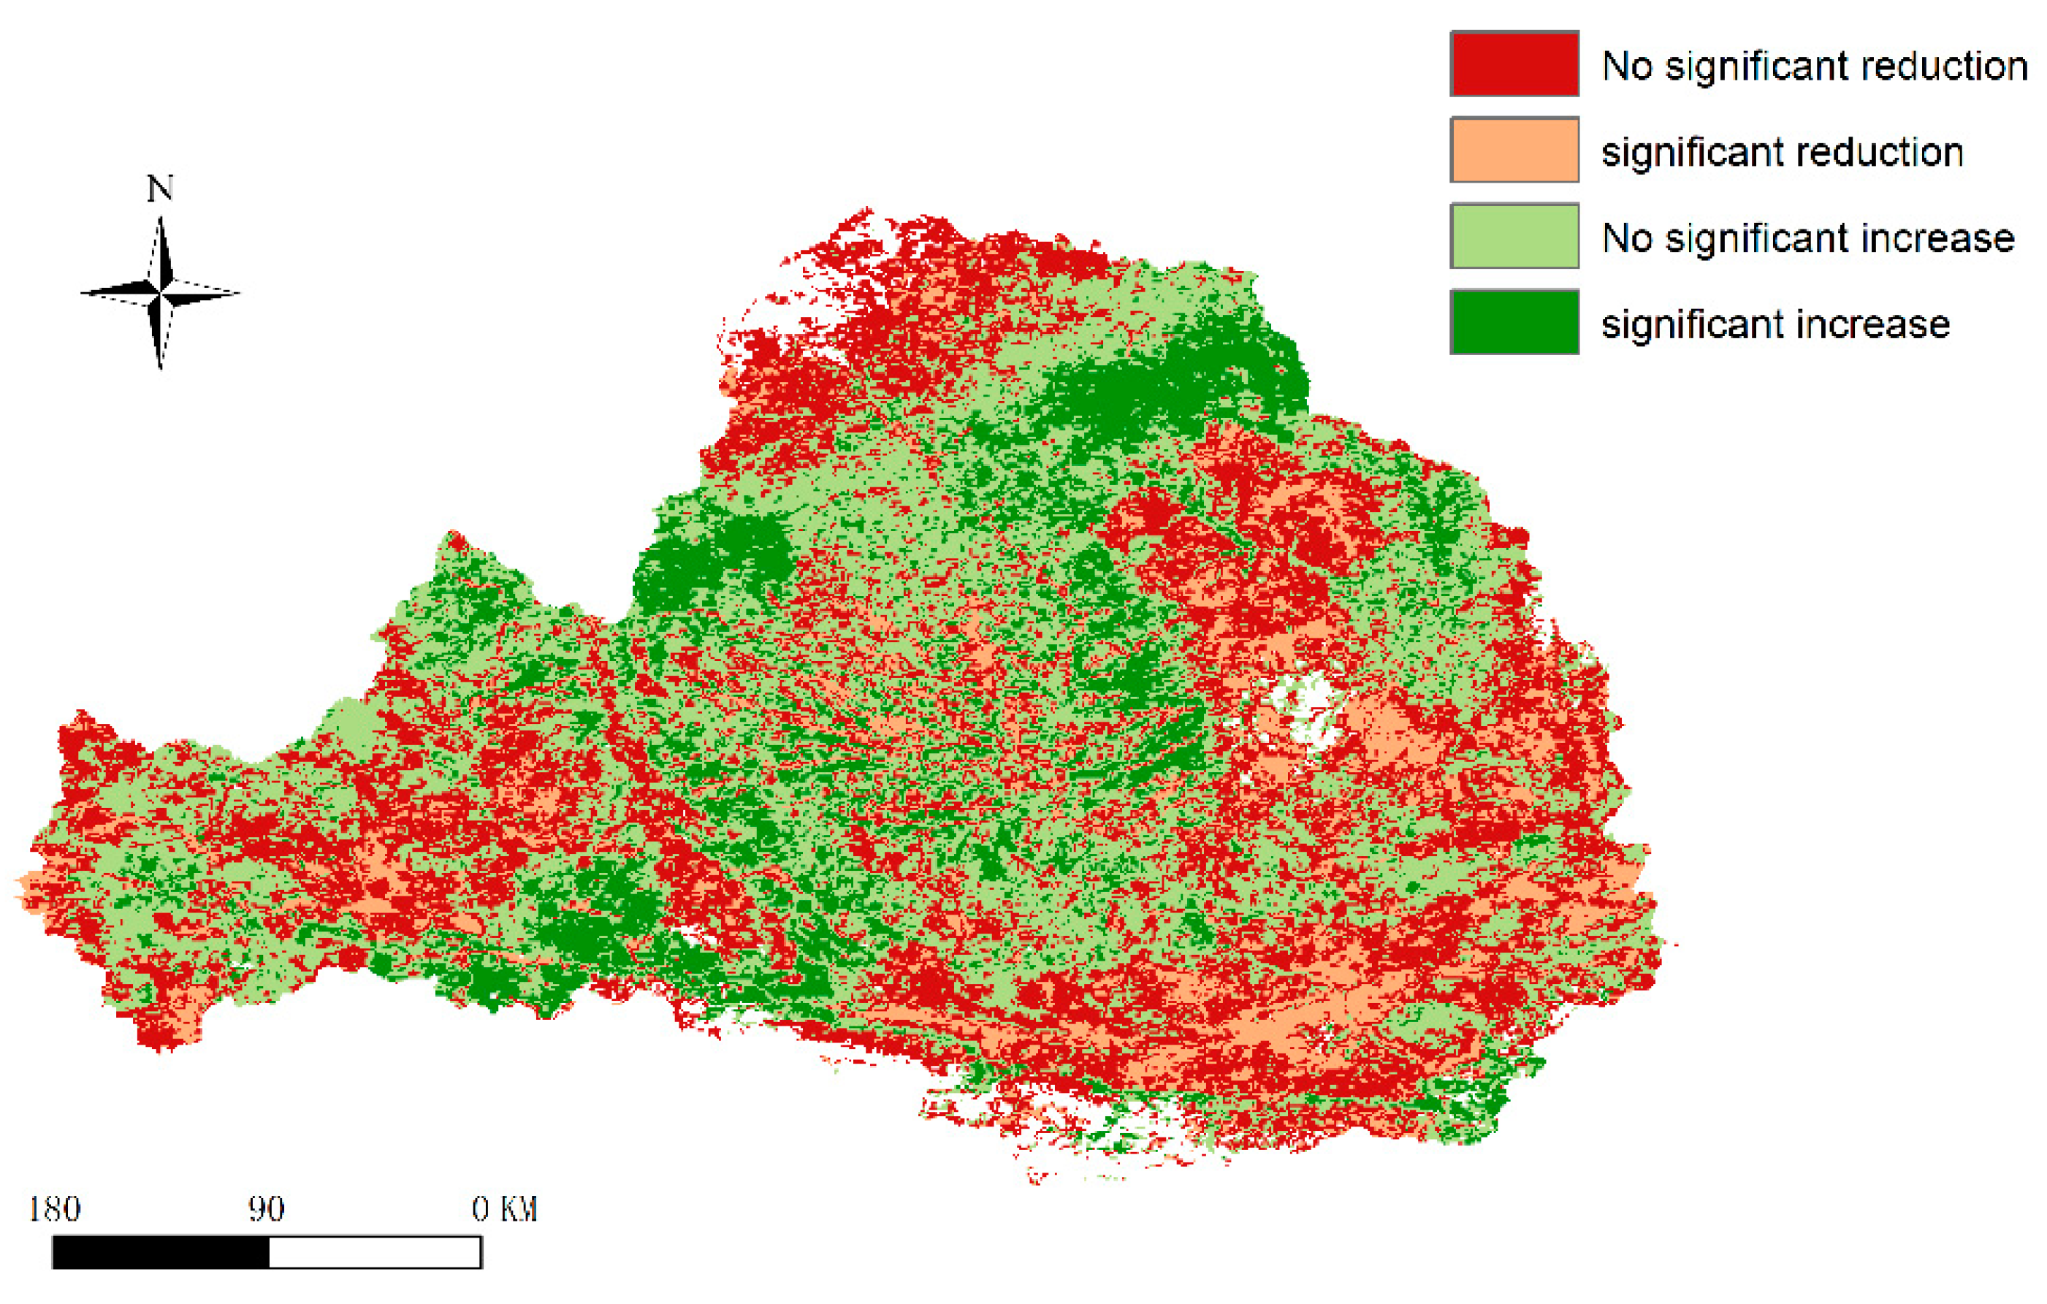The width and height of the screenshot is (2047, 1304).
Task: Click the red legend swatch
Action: pyautogui.click(x=1514, y=64)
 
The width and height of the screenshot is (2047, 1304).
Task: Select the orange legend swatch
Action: pyautogui.click(x=1514, y=150)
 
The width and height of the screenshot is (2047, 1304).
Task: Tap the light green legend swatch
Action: pyautogui.click(x=1514, y=236)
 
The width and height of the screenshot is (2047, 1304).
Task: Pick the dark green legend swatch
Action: pyautogui.click(x=1514, y=322)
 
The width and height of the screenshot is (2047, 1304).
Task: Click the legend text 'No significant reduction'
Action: pyautogui.click(x=1814, y=66)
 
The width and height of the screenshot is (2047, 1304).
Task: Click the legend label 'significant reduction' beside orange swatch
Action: pyautogui.click(x=1782, y=153)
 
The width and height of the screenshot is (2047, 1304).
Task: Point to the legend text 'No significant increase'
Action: pyautogui.click(x=1807, y=238)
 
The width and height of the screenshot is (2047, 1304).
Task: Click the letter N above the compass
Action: pyautogui.click(x=160, y=188)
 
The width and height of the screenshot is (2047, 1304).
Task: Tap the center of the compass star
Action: pyautogui.click(x=160, y=293)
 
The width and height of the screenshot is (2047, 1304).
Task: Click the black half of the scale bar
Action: pyautogui.click(x=161, y=1252)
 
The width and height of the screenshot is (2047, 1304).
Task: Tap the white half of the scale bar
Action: pyautogui.click(x=375, y=1252)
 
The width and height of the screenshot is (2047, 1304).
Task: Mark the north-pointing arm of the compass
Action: pyautogui.click(x=161, y=251)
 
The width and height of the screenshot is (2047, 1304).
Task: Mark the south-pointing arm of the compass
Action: pyautogui.click(x=160, y=336)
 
